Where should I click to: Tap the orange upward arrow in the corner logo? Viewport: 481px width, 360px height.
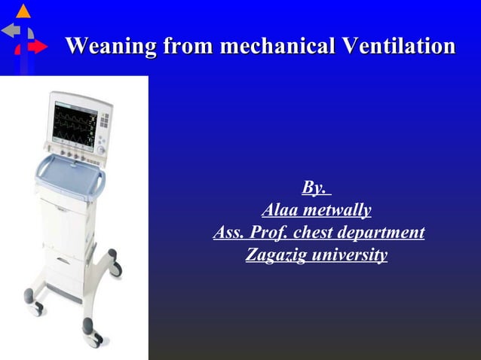pos(23,11)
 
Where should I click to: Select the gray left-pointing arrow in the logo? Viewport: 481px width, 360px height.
pos(11,31)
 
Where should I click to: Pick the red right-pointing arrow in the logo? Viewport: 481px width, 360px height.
pos(36,47)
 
